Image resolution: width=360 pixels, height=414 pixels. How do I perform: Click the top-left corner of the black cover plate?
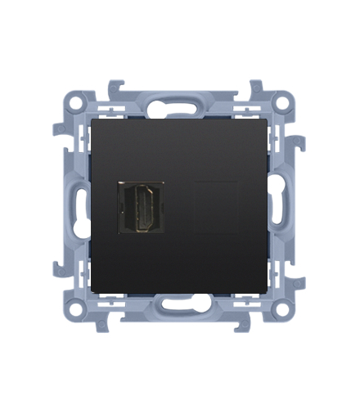click(x=91, y=117)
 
